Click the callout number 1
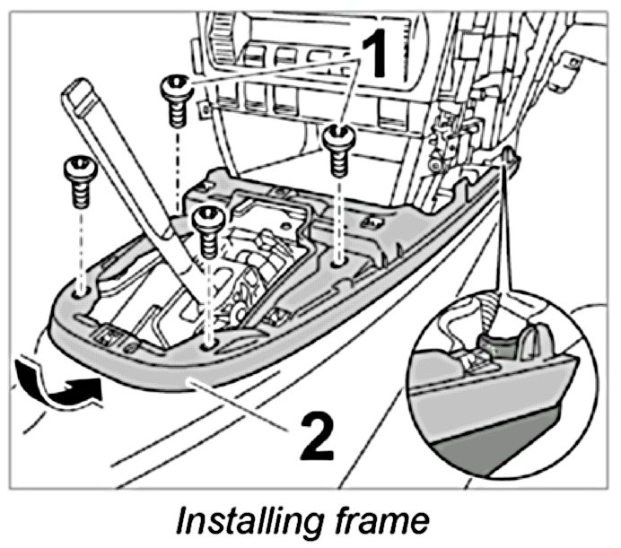(378, 56)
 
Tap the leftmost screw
(77, 178)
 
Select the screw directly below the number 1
(339, 148)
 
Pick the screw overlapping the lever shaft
(207, 229)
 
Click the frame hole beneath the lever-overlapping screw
(209, 342)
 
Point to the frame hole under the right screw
(337, 263)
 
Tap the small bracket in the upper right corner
(569, 65)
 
